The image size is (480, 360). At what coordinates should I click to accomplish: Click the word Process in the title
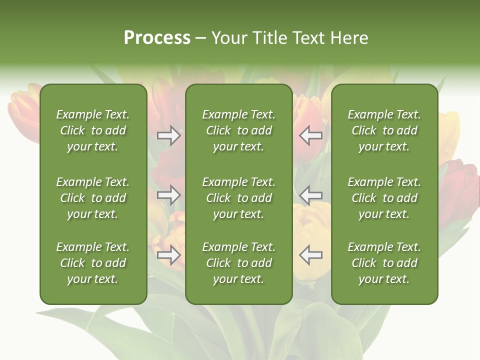(157, 38)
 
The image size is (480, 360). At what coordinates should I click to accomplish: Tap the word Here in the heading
(348, 38)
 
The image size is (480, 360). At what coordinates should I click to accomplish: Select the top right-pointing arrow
(169, 135)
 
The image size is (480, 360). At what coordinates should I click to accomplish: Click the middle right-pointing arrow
(169, 195)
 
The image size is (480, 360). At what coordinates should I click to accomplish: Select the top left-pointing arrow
(311, 135)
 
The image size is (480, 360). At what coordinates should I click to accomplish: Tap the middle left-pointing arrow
(311, 195)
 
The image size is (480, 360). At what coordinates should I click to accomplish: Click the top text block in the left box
(93, 130)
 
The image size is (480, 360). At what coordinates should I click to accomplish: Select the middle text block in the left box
(93, 198)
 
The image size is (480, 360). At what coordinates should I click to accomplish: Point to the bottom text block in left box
(93, 263)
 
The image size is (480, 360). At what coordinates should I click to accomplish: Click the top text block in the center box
(239, 130)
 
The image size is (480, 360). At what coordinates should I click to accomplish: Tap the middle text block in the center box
(239, 198)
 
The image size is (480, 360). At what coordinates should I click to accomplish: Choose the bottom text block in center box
(239, 263)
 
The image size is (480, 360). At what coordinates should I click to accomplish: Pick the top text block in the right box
(384, 130)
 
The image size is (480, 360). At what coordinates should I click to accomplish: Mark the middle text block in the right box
(384, 198)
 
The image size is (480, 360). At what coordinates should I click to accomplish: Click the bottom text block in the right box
(384, 263)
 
